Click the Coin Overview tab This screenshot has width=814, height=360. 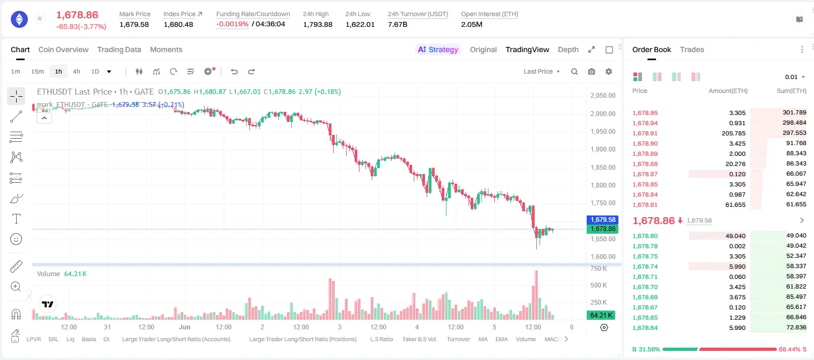[x=63, y=49]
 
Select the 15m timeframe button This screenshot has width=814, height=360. [x=37, y=71]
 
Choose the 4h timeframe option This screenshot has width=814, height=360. [x=76, y=71]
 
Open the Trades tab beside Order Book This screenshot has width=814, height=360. [x=692, y=49]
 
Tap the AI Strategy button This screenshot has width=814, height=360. [x=438, y=49]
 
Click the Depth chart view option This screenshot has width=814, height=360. [x=568, y=49]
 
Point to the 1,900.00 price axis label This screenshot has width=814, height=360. [x=603, y=149]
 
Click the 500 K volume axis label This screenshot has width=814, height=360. [x=599, y=285]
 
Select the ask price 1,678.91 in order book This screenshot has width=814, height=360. [x=645, y=133]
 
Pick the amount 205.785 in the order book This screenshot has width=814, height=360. [x=733, y=133]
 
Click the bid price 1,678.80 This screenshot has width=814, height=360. [x=645, y=236]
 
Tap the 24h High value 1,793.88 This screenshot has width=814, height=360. [x=318, y=24]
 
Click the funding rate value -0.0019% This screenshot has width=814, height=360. [x=232, y=24]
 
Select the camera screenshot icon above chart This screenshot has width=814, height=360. [x=592, y=71]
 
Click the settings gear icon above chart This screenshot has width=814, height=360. [x=609, y=71]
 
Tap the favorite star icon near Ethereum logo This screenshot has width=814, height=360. [x=40, y=18]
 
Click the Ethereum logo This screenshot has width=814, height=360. [x=19, y=19]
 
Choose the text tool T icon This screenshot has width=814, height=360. [x=16, y=219]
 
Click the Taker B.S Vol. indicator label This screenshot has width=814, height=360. [x=419, y=339]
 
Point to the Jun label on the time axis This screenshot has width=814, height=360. [x=185, y=327]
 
